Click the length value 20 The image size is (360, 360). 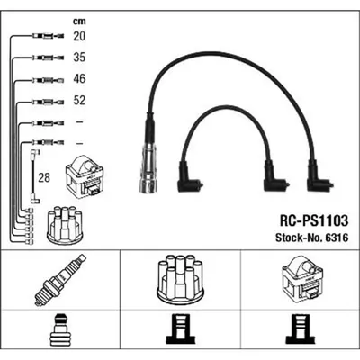pyautogui.click(x=79, y=36)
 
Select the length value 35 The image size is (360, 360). pyautogui.click(x=79, y=58)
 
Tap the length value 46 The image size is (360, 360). pyautogui.click(x=79, y=78)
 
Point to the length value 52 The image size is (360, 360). pyautogui.click(x=79, y=100)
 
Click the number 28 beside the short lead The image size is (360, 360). pyautogui.click(x=44, y=177)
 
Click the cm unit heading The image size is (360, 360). pyautogui.click(x=79, y=22)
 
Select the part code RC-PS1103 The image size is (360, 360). pyautogui.click(x=314, y=220)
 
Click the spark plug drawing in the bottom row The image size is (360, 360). pyautogui.click(x=60, y=280)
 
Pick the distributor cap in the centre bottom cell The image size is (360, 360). pyautogui.click(x=180, y=279)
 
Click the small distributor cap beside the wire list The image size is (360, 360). pyautogui.click(x=65, y=225)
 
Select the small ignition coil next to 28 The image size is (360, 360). pyautogui.click(x=85, y=175)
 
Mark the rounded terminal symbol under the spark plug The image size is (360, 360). pyautogui.click(x=60, y=330)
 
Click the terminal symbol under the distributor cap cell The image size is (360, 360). pyautogui.click(x=180, y=330)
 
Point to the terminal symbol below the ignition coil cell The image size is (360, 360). pyautogui.click(x=300, y=330)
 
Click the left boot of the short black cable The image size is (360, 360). pyautogui.click(x=188, y=178)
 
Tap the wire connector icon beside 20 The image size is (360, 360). pyautogui.click(x=48, y=36)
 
